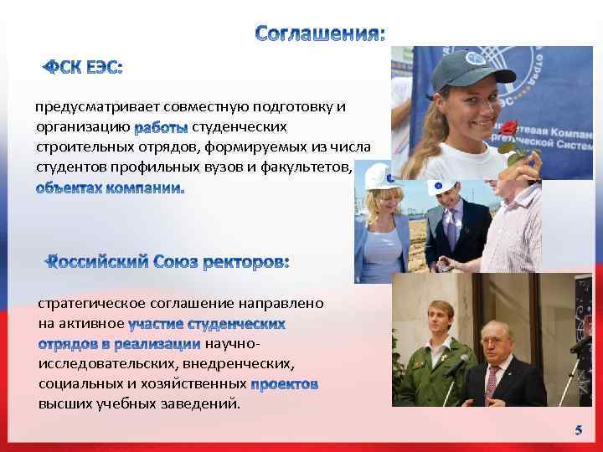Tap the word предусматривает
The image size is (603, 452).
[x=85, y=107]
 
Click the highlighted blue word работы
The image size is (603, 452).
[x=161, y=127]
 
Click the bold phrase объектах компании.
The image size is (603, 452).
[x=109, y=187]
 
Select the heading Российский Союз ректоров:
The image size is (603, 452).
[x=167, y=262]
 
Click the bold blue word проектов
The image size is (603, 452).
[x=284, y=384]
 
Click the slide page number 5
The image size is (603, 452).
[x=577, y=430]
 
